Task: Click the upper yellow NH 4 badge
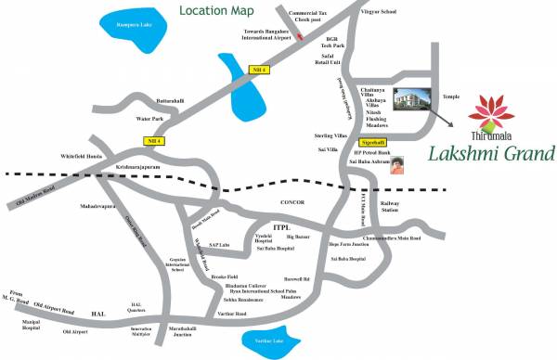click(x=260, y=71)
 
